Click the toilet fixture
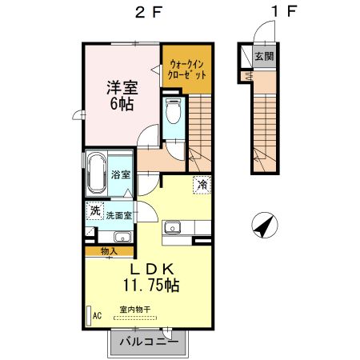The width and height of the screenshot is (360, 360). tap(172, 114)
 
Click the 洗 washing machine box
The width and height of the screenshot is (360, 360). tap(95, 211)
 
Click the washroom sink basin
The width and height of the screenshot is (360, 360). tap(122, 235)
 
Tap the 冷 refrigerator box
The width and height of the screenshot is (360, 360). tap(202, 185)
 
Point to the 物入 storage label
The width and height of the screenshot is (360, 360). tap(109, 251)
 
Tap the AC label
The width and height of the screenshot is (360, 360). tap(97, 316)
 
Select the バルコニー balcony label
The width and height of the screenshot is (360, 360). tap(149, 343)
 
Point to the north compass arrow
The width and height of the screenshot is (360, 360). tap(263, 226)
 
